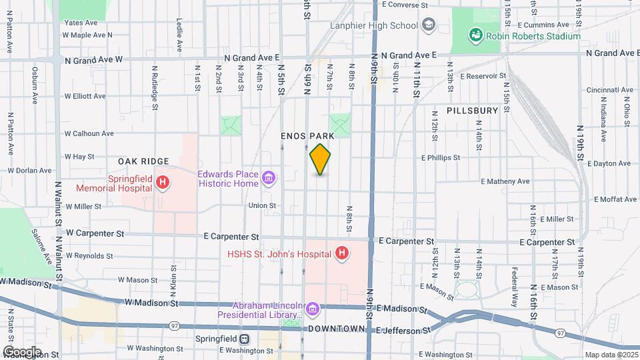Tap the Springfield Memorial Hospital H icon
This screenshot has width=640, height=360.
point(162,182)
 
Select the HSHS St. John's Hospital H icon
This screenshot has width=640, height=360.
point(342,253)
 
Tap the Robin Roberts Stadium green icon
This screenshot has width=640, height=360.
point(475,34)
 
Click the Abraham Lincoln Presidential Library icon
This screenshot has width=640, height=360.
point(312,308)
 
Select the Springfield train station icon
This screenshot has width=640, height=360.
point(245,339)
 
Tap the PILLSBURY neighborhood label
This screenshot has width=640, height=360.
point(472,111)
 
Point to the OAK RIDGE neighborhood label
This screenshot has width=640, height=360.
point(143,161)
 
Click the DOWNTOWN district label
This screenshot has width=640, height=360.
point(336,329)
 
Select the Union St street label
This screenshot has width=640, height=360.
point(262,205)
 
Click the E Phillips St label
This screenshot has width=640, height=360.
point(440,158)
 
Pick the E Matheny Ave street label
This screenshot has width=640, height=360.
point(505,181)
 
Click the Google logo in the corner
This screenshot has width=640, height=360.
point(22,352)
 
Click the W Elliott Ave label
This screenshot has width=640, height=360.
point(85,96)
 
